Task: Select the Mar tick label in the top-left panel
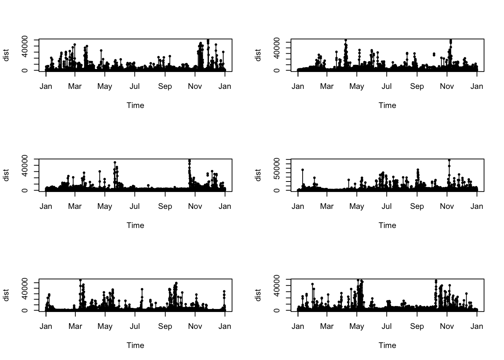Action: point(75,86)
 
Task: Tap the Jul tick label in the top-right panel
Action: point(387,86)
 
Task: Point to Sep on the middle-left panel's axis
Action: point(165,206)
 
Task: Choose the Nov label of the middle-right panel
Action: point(447,206)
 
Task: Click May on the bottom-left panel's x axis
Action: point(105,326)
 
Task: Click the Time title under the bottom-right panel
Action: point(387,345)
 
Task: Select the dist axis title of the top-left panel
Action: point(6,55)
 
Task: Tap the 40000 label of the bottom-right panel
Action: point(277,286)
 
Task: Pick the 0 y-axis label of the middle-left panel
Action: point(25,190)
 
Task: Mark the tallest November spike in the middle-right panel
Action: point(449,160)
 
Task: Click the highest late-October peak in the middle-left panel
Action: point(189,160)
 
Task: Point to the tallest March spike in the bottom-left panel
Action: point(80,280)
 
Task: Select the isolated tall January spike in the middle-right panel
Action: point(303,170)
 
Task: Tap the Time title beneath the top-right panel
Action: point(387,105)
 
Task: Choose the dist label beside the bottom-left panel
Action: point(6,295)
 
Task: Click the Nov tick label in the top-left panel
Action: point(195,86)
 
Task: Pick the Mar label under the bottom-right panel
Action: point(327,326)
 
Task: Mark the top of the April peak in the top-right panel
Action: point(346,40)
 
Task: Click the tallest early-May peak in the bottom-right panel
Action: point(358,280)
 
